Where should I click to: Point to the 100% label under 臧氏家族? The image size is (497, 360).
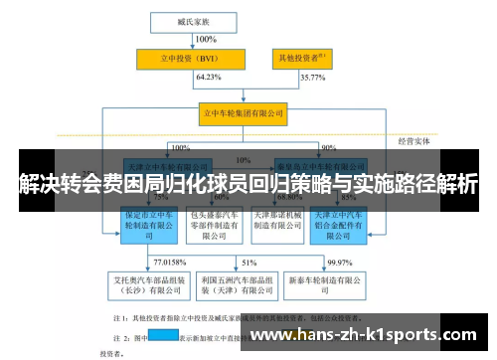tap(205, 39)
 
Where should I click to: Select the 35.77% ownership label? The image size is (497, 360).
tap(312, 77)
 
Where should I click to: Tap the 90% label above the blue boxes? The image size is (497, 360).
tap(328, 147)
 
